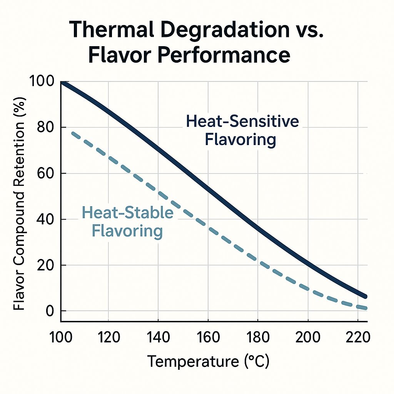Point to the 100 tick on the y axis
pos(42,82)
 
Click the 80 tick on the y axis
pos(45,127)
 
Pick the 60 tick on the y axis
pos(45,173)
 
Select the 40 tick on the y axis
pos(45,219)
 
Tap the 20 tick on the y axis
pos(45,265)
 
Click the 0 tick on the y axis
pos(50,311)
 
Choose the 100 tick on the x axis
pos(61,337)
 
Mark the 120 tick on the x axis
pos(109,337)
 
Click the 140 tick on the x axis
pos(158,337)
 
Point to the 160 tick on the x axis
pos(208,337)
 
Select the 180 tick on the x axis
pos(258,337)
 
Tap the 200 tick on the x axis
pos(308,337)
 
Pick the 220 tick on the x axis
pos(358,337)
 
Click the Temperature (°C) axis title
pos(208,362)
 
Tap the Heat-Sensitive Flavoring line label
pos(242,130)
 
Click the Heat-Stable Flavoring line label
pos(128,222)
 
